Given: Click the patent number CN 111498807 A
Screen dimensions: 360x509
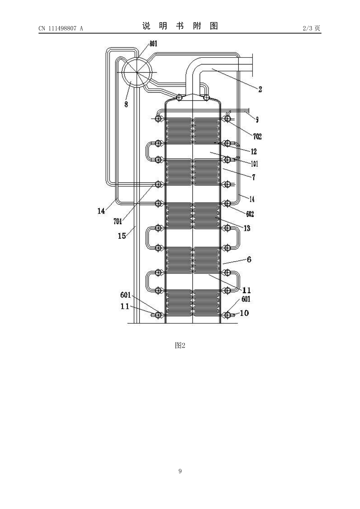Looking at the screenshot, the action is [x=61, y=28].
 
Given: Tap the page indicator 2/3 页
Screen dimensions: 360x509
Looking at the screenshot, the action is [x=311, y=28].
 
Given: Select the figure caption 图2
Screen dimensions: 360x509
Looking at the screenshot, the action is [x=180, y=345].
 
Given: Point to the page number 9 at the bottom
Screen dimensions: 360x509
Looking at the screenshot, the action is [x=180, y=471].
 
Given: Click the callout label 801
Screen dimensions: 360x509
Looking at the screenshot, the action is [x=153, y=44].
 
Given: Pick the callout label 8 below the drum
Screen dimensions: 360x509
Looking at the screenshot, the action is [x=126, y=104].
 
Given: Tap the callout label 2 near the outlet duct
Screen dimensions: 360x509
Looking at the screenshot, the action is [x=260, y=89].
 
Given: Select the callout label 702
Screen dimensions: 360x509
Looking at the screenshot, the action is [x=257, y=136].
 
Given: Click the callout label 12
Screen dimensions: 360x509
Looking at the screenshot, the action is [x=254, y=151].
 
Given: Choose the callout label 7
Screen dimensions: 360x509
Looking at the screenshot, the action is [x=253, y=177].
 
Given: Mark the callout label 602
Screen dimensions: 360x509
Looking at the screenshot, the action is [x=250, y=214].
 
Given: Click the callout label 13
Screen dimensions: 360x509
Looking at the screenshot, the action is [x=247, y=228].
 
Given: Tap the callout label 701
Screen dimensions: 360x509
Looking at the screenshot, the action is [x=118, y=222].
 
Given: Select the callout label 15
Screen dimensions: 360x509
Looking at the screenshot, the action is [x=122, y=236].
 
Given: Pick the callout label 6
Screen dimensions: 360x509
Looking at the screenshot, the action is [x=249, y=259].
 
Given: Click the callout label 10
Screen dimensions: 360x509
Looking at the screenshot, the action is [x=244, y=313].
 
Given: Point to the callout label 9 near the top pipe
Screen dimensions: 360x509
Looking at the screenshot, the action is [x=257, y=120].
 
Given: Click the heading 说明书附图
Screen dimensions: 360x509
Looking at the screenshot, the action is [x=180, y=26].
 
